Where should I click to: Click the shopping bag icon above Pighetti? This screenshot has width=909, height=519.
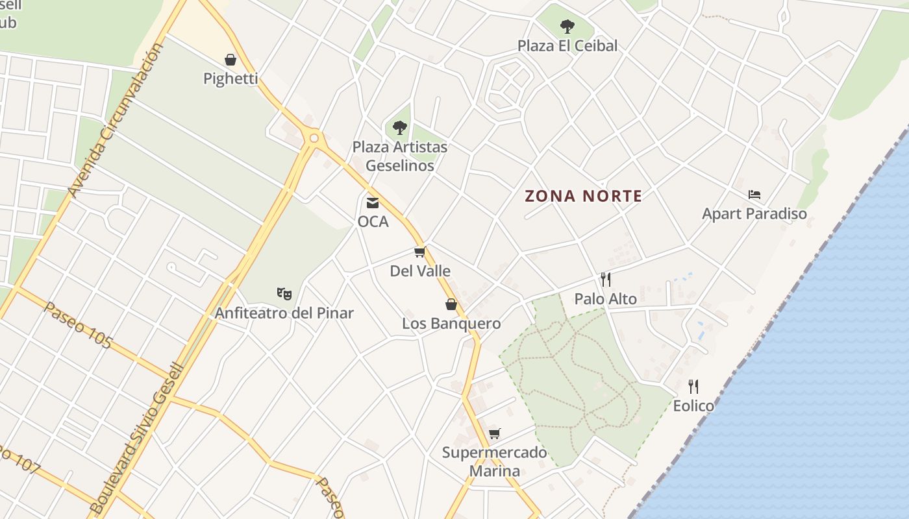(x=230, y=60)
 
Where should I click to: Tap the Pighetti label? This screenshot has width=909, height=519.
(x=230, y=78)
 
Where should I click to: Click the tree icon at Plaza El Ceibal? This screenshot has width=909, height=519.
(x=567, y=27)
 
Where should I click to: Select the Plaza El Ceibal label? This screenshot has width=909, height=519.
(x=567, y=45)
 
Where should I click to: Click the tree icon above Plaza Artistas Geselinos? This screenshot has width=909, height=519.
(x=400, y=128)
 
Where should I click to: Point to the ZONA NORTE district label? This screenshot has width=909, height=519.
(x=584, y=196)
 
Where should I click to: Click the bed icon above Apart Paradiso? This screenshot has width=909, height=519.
(x=754, y=194)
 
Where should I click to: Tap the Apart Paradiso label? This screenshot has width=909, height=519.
(x=754, y=213)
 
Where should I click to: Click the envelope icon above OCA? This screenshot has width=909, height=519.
(x=373, y=202)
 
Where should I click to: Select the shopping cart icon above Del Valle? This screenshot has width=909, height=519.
(x=420, y=252)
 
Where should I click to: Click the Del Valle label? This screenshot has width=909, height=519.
(x=420, y=271)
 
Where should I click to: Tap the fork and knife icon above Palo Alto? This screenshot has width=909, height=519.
(x=605, y=280)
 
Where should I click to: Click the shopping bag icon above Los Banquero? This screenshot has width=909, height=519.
(x=451, y=304)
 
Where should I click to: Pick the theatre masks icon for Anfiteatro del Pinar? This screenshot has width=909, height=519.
(x=284, y=293)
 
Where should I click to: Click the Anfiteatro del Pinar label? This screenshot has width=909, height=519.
(x=284, y=313)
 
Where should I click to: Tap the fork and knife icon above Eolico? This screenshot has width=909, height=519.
(x=693, y=387)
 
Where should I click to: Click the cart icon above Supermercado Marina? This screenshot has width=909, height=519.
(x=495, y=433)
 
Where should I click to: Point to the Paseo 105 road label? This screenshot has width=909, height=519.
(x=79, y=325)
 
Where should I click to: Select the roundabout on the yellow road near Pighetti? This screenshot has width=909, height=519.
(x=315, y=138)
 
